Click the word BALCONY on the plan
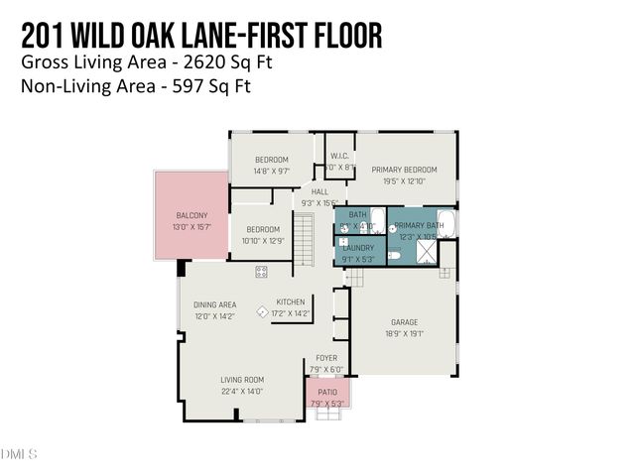point(191,215)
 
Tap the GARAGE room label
point(404,322)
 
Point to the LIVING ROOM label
point(241,379)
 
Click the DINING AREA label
point(214,304)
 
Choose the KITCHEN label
point(291,301)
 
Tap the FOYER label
point(326,357)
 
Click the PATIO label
point(327,393)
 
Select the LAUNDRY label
point(358,248)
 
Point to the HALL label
point(319,191)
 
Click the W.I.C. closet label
point(339,156)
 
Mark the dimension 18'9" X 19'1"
point(404,334)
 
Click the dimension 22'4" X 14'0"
point(241,391)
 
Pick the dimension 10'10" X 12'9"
point(263,241)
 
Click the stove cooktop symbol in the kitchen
point(262,271)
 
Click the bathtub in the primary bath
point(446,223)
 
